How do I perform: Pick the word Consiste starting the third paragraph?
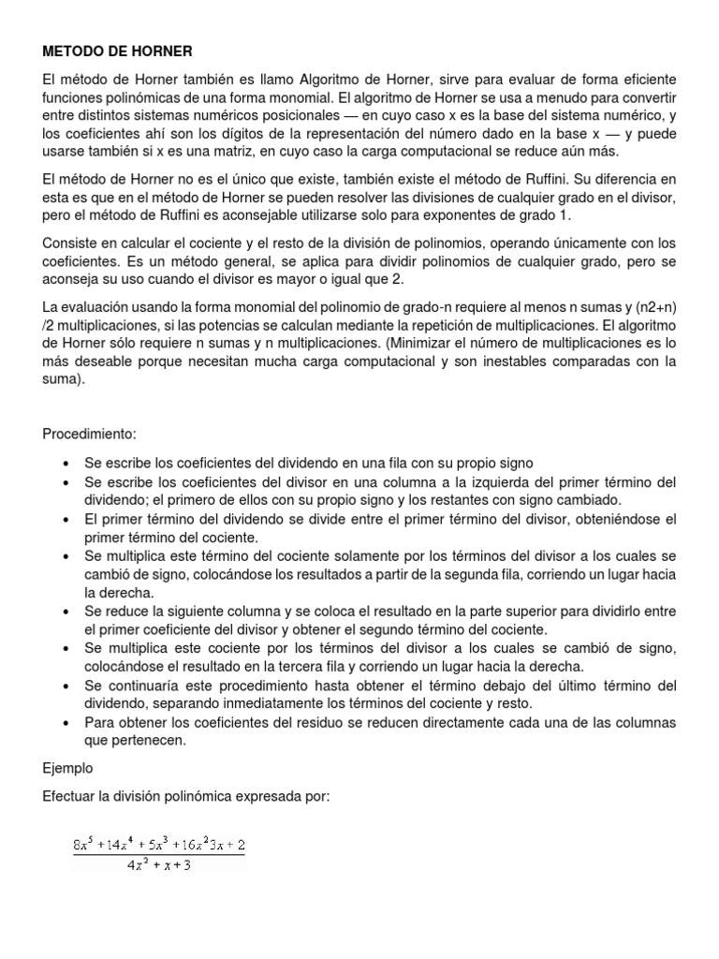(x=70, y=243)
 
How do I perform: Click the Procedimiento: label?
(x=89, y=434)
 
